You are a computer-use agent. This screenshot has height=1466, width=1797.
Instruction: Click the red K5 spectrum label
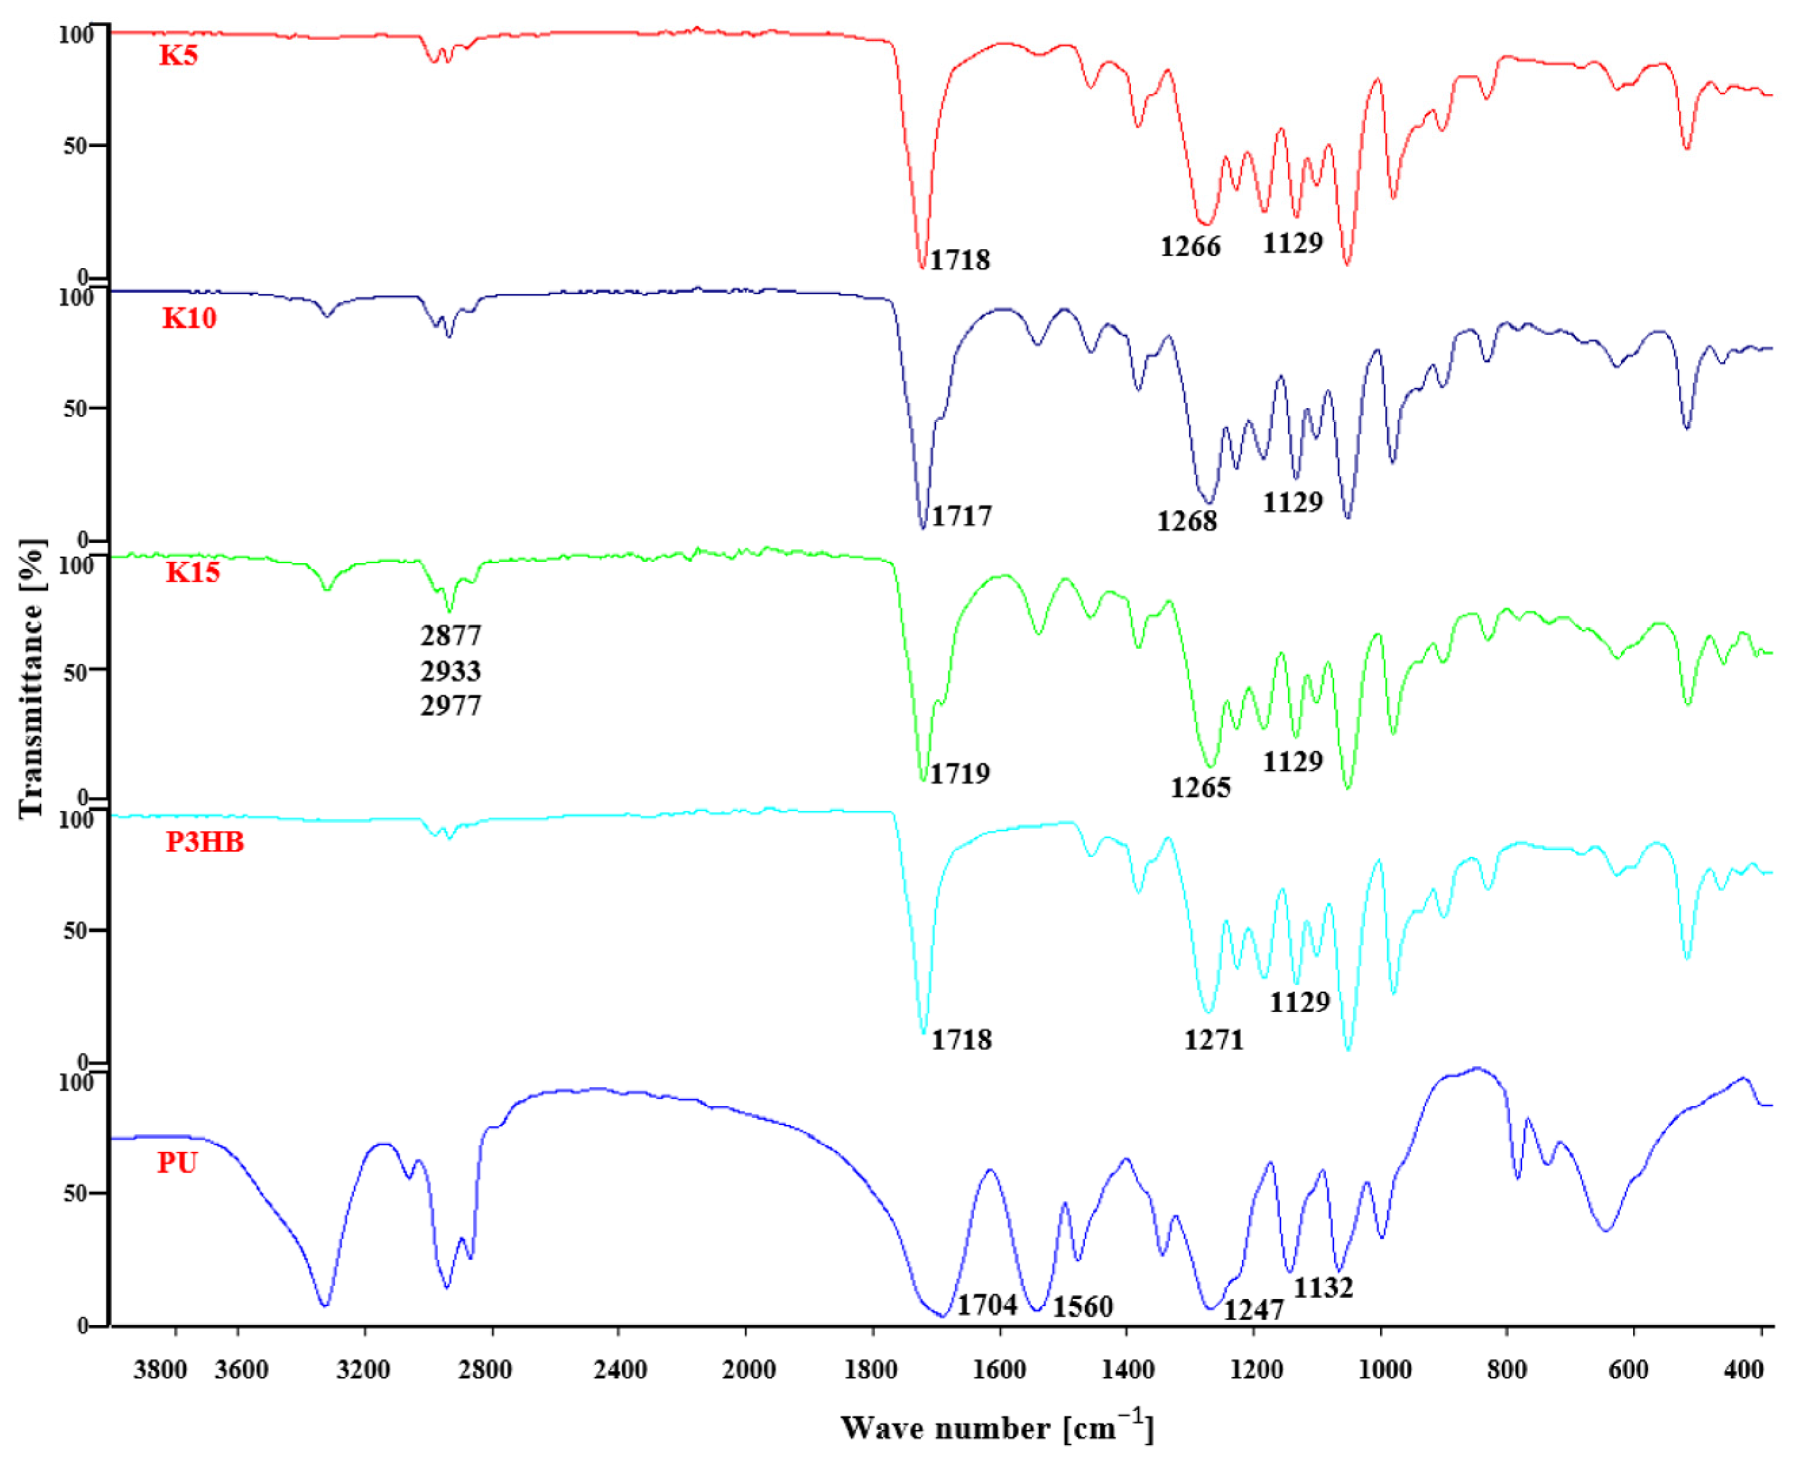click(x=178, y=55)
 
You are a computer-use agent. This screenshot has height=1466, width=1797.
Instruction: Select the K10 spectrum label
click(x=189, y=318)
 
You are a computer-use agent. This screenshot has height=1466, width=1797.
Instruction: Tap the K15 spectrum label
click(x=192, y=572)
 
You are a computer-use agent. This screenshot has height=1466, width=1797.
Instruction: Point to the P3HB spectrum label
click(x=204, y=842)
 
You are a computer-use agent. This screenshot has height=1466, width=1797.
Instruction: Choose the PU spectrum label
click(x=177, y=1163)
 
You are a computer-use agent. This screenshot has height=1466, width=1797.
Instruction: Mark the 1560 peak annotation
click(x=1082, y=1307)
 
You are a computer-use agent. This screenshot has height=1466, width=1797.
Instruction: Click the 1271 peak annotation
click(x=1214, y=1040)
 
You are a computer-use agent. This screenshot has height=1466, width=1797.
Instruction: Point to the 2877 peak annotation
click(x=450, y=635)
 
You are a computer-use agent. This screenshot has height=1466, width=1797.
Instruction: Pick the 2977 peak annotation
click(x=450, y=705)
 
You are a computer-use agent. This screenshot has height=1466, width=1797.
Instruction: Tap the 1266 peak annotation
click(x=1190, y=247)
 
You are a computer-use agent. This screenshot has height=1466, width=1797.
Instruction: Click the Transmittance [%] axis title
click(x=31, y=678)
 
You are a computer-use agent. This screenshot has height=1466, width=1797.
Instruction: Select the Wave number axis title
click(x=997, y=1428)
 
